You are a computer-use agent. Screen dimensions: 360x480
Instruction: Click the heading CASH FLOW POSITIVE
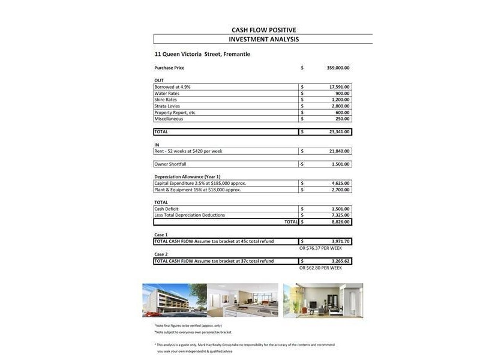263,30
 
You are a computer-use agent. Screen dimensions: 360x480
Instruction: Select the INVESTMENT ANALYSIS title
263,40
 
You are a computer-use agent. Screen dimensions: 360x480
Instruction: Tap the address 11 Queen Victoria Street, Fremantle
202,54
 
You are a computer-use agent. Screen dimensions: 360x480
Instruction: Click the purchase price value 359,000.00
338,68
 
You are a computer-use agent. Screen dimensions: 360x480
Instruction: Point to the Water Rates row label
167,94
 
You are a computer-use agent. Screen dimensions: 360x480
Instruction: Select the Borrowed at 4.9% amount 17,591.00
339,87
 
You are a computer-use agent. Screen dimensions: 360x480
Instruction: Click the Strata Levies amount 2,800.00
340,106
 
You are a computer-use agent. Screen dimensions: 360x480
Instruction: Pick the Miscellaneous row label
169,119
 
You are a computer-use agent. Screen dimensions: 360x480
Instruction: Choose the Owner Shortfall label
170,164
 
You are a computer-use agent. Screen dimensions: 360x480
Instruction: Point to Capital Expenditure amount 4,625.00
340,183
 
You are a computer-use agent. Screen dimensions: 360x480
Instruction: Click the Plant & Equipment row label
197,190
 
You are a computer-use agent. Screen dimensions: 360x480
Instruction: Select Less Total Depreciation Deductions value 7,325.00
340,215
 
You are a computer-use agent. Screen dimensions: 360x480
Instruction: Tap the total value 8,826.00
340,221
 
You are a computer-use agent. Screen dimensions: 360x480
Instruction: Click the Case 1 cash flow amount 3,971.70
340,241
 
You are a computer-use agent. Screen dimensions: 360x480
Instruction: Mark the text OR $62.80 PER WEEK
320,268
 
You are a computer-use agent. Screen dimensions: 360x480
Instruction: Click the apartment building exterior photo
174,300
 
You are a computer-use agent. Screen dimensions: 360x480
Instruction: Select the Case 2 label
161,254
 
